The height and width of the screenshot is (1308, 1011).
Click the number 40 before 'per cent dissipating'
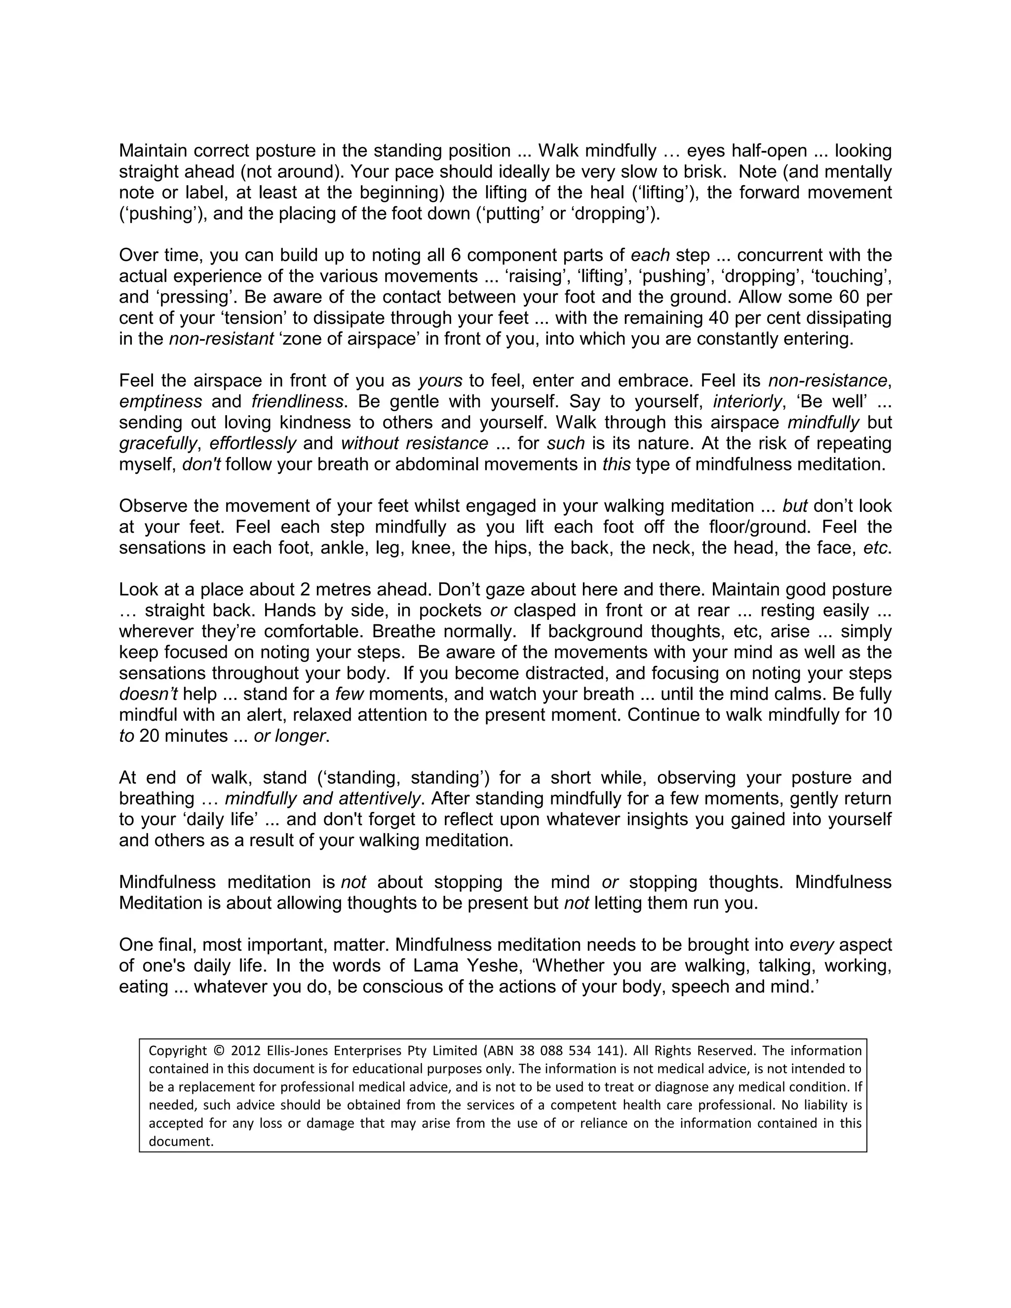point(714,318)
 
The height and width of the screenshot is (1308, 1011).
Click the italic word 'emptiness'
point(160,401)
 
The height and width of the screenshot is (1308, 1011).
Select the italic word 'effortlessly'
point(253,443)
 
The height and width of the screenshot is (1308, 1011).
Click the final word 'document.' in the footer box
point(181,1142)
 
